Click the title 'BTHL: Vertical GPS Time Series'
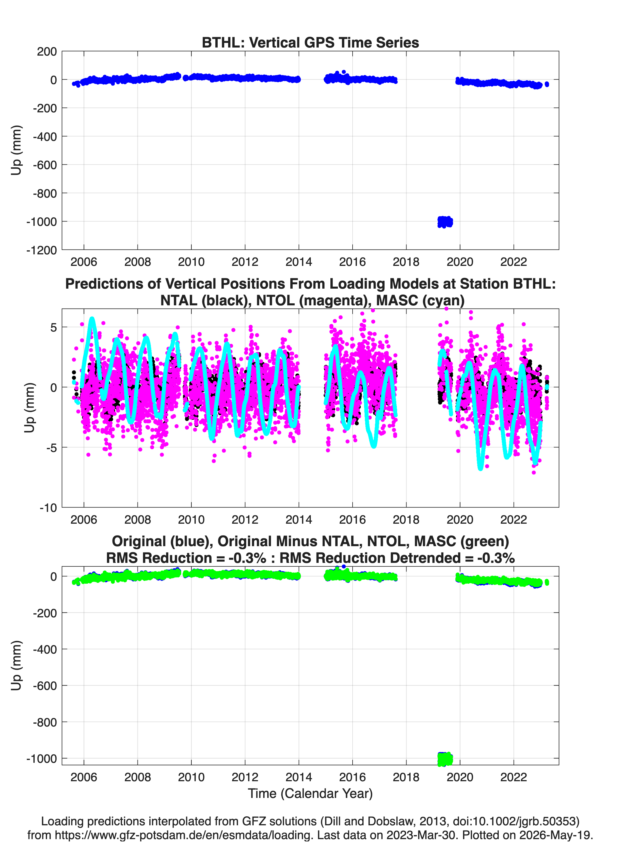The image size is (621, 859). (x=310, y=42)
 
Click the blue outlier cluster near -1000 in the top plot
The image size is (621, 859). (x=445, y=222)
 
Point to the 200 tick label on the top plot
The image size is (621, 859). (x=47, y=52)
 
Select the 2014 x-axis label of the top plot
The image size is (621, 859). (x=299, y=262)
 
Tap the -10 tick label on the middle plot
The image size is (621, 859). (x=48, y=508)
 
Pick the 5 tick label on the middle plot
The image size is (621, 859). (x=53, y=327)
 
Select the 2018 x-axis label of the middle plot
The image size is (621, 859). (x=406, y=519)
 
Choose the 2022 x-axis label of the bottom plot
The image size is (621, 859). (x=514, y=777)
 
